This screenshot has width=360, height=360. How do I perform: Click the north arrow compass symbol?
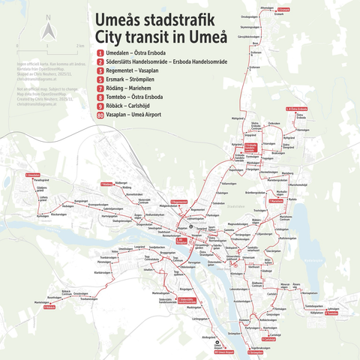(46, 31)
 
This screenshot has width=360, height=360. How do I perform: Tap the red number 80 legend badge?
(100, 137)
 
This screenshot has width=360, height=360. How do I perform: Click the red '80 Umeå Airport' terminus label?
(224, 352)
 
